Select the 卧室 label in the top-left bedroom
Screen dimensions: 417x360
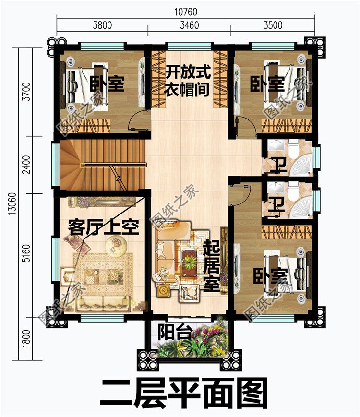click(107, 84)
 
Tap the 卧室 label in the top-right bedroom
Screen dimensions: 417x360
click(267, 84)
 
